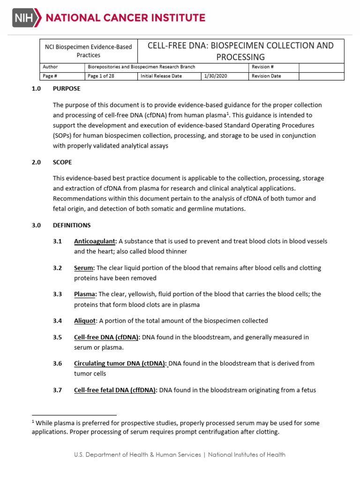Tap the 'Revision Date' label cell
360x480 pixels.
266,76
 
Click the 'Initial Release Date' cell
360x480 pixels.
161,76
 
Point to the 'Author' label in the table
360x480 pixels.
50,67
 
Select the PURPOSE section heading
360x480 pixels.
67,89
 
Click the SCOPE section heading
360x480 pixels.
62,162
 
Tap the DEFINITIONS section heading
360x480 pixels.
72,225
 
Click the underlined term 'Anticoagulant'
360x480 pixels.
95,241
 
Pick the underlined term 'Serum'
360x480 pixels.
84,268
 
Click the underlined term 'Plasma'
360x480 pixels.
85,294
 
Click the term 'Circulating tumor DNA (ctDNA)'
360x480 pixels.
120,363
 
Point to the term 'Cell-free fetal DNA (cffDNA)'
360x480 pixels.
115,390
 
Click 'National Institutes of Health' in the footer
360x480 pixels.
247,455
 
